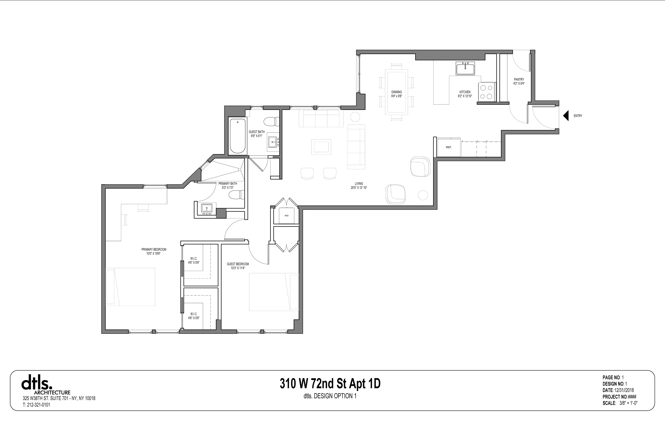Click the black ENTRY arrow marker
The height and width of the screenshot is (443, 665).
(x=566, y=116)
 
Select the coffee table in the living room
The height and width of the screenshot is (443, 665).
(x=321, y=147)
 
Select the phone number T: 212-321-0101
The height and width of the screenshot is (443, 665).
(x=36, y=405)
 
